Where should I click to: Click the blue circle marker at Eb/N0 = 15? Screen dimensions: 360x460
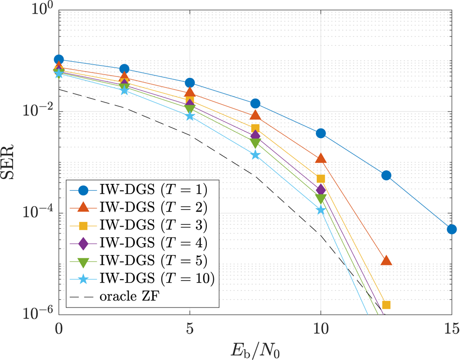click(452, 229)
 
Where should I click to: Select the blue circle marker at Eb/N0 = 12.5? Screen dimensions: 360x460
click(386, 175)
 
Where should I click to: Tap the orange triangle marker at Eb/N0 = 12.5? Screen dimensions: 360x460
click(386, 260)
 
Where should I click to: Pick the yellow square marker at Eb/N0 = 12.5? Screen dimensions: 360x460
click(386, 305)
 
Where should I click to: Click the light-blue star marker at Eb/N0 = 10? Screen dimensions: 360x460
click(321, 210)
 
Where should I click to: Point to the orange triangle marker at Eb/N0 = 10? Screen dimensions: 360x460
click(321, 158)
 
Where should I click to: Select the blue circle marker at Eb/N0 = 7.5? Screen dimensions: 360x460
click(255, 104)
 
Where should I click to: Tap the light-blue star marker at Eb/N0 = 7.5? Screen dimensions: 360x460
click(255, 155)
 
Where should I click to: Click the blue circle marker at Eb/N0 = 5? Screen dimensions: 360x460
click(190, 83)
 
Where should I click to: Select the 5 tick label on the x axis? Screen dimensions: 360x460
click(190, 329)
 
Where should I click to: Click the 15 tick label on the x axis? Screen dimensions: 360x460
click(452, 329)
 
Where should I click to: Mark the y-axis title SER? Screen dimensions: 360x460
click(11, 162)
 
